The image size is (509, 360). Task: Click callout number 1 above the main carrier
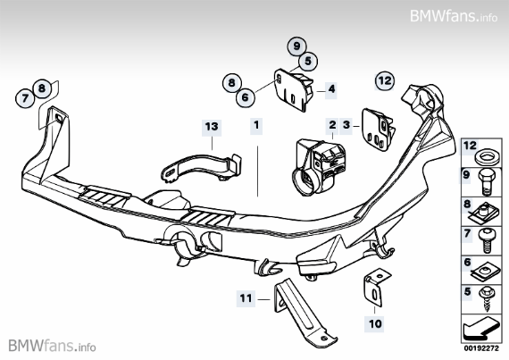coord(256,128)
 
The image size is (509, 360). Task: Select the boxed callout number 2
coord(332,128)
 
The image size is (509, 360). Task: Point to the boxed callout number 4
coord(331,89)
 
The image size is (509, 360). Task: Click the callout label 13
coord(211,128)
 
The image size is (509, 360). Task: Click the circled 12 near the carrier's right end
coord(384,80)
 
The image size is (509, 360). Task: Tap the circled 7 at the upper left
coord(24,98)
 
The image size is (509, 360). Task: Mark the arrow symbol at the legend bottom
coord(482,324)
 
